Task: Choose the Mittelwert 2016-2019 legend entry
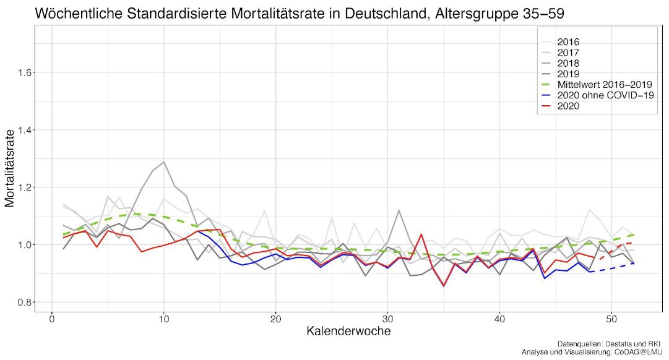tap(597, 84)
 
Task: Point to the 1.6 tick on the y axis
tap(25, 72)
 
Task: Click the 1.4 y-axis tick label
tap(25, 130)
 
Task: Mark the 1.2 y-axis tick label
tap(25, 187)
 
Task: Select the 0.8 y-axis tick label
tap(25, 302)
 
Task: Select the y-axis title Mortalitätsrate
tap(10, 168)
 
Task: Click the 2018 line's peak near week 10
tap(164, 162)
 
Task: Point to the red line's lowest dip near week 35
tap(444, 286)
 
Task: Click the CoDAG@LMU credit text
tap(637, 352)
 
